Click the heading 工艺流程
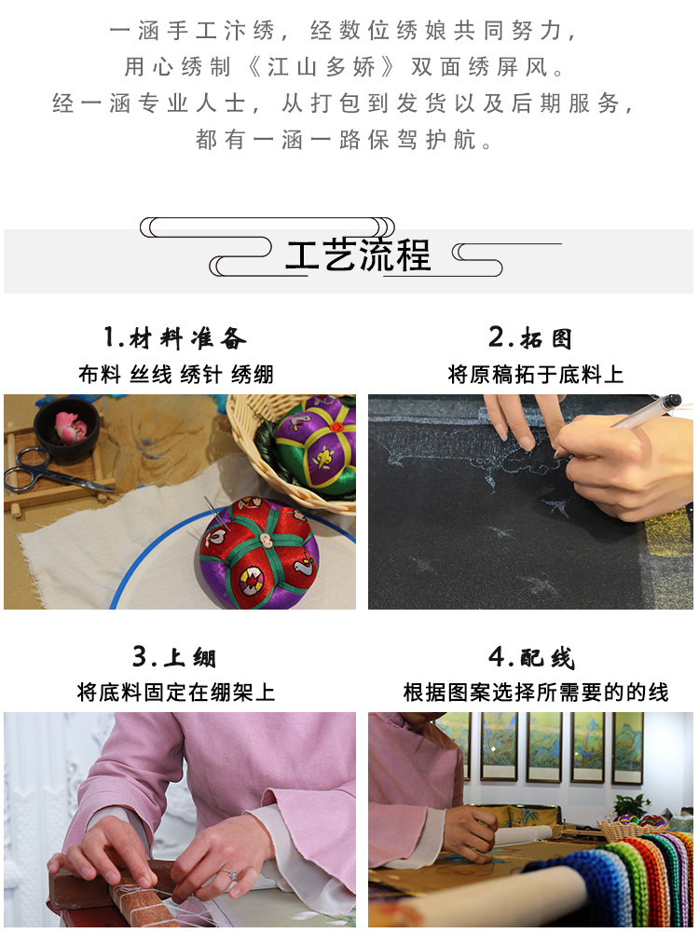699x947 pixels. point(358,254)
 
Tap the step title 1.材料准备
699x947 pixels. point(175,338)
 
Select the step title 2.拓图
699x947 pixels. point(529,338)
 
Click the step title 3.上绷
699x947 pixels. point(174,656)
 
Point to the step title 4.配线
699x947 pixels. point(531,656)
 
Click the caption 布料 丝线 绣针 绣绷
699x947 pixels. point(176,375)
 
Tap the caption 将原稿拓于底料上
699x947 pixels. point(535,375)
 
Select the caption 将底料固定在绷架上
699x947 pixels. point(176,693)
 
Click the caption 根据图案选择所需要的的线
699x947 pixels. point(536,693)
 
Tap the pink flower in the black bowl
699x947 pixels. point(71,425)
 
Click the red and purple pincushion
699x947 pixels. point(259,553)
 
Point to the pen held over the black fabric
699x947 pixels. point(647,411)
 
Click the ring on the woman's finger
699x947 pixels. point(230,874)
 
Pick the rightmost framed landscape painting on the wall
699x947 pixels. point(628,748)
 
